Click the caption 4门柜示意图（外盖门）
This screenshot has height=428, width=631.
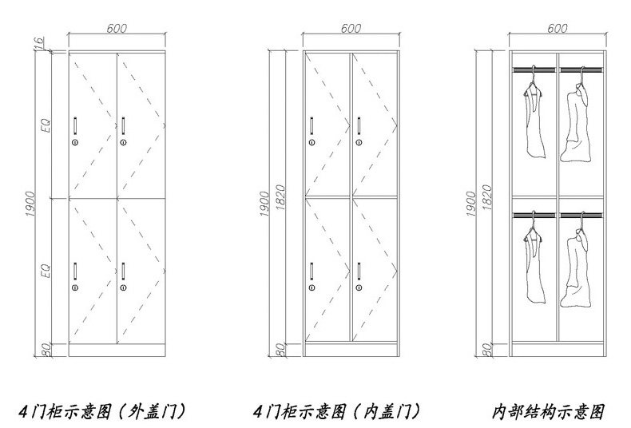[119, 412]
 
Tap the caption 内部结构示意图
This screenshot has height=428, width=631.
[549, 412]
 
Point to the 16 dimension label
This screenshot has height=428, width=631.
[46, 45]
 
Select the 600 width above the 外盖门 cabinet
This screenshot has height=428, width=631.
[118, 29]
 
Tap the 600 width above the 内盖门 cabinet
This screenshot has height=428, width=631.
[350, 29]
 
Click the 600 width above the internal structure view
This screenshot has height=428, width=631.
[557, 29]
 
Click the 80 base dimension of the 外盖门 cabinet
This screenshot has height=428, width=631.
[46, 348]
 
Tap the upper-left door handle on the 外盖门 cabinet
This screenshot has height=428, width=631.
[74, 124]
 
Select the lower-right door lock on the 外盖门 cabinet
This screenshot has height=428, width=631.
[123, 287]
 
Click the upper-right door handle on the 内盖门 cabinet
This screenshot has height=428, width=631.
[359, 124]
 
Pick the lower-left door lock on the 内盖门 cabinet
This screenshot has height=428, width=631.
[311, 287]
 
